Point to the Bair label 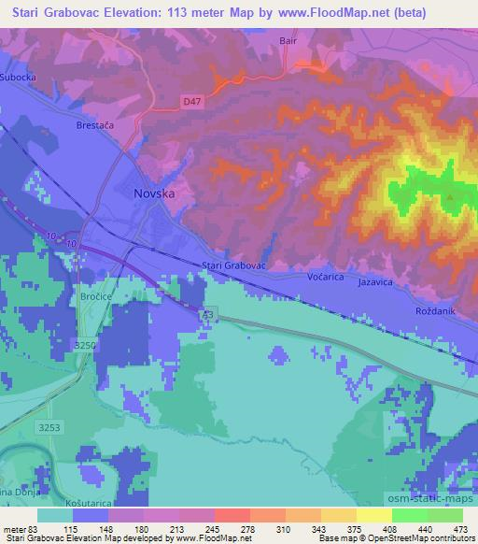pos(288,41)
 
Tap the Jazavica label pos(376,280)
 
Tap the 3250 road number pos(85,345)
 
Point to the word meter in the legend pos(16,530)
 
